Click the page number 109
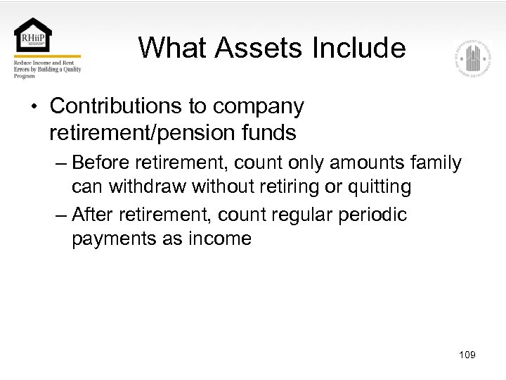(x=466, y=355)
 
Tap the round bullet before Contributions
(x=34, y=107)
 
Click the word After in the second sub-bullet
(x=93, y=214)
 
